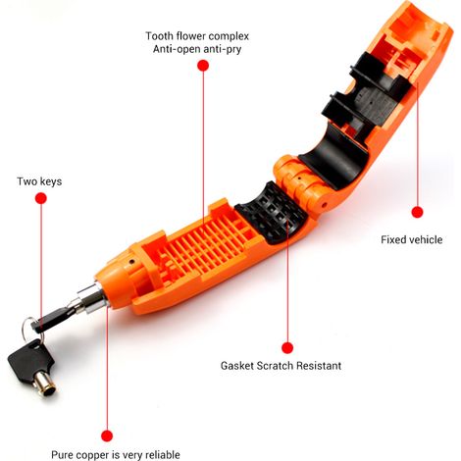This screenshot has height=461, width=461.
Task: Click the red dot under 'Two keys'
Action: pos(41,198)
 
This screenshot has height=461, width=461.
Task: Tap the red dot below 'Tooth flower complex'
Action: pos(203,66)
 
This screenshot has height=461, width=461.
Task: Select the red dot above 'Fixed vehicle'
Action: pos(417,212)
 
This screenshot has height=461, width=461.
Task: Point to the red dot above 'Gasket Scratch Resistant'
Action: pos(287,348)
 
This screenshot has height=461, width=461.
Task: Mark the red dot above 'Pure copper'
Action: pos(107,435)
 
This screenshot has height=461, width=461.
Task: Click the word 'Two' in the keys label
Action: pos(26,181)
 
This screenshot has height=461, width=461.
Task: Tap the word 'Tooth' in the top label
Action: pos(159,36)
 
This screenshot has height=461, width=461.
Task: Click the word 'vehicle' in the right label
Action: pos(426,239)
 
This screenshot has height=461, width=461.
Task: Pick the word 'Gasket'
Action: pos(237,365)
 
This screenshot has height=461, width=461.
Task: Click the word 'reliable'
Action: pos(163,454)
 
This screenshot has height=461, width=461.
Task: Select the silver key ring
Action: pos(28,328)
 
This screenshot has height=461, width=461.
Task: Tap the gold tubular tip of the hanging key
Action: pos(45,383)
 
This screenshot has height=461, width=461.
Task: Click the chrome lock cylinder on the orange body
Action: pos(92,299)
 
